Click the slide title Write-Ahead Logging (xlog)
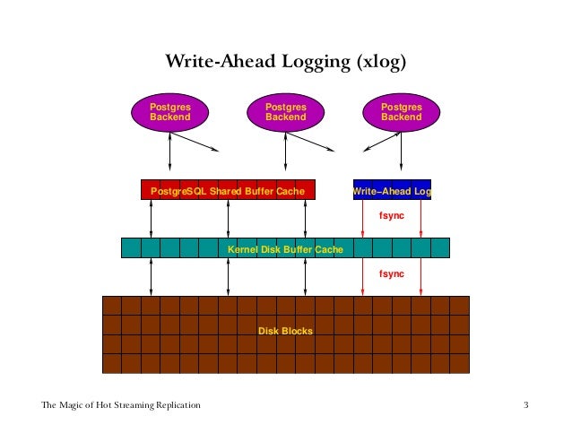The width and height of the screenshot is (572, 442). pos(285,62)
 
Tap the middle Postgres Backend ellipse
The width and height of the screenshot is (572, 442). pos(285,111)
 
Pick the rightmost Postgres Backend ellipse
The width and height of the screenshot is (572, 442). pos(401,111)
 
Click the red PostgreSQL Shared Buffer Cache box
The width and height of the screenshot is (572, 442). pos(229,190)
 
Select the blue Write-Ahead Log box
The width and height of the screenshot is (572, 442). pos(393,190)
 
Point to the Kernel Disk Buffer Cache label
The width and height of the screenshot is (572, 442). pos(285,248)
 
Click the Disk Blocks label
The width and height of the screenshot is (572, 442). pos(285,331)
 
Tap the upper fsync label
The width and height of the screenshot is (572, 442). pos(390,216)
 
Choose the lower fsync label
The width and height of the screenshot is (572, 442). pos(390,273)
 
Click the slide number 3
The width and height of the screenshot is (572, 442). pos(526,406)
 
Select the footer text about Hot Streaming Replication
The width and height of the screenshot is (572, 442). pos(120,406)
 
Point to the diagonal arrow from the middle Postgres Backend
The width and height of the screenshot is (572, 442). pos(310,141)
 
